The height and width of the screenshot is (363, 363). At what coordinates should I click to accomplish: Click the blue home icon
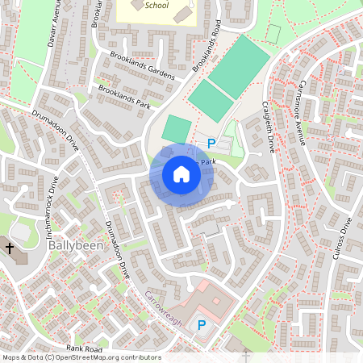point(181,174)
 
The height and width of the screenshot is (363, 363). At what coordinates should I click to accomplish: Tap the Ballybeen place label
point(75,244)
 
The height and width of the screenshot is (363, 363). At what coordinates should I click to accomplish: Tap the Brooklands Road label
point(207,45)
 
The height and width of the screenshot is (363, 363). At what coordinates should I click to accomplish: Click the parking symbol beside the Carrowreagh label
point(202,326)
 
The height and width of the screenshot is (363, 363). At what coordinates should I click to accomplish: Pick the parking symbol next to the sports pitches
point(211,144)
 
